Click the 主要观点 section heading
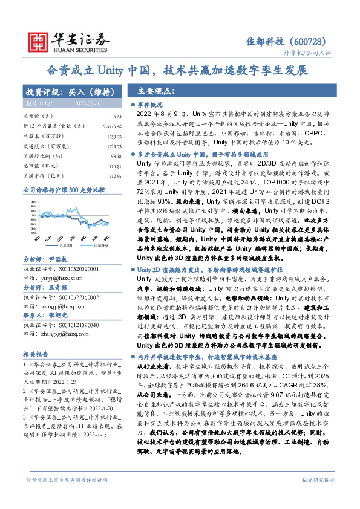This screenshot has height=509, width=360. point(156,91)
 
